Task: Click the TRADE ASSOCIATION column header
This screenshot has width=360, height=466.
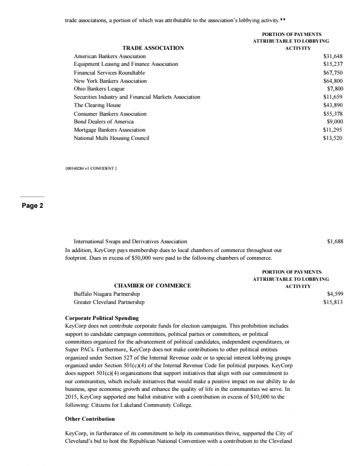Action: [153, 48]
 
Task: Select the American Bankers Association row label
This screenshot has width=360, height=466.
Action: [110, 56]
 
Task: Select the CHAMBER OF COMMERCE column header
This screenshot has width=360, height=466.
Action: [152, 285]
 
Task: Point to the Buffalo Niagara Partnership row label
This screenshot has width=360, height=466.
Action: [107, 294]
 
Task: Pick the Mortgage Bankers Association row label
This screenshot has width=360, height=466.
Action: [110, 130]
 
